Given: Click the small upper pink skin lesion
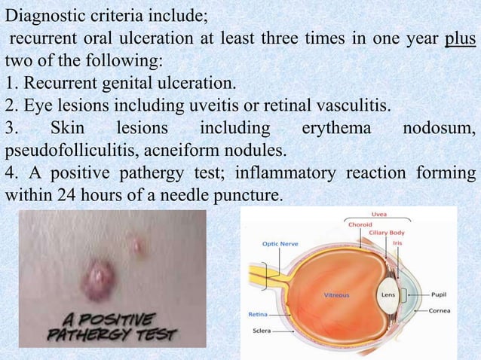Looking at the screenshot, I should [x=137, y=243].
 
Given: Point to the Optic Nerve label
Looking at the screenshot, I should [x=279, y=243].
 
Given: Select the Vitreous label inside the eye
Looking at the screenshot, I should [x=336, y=295].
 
